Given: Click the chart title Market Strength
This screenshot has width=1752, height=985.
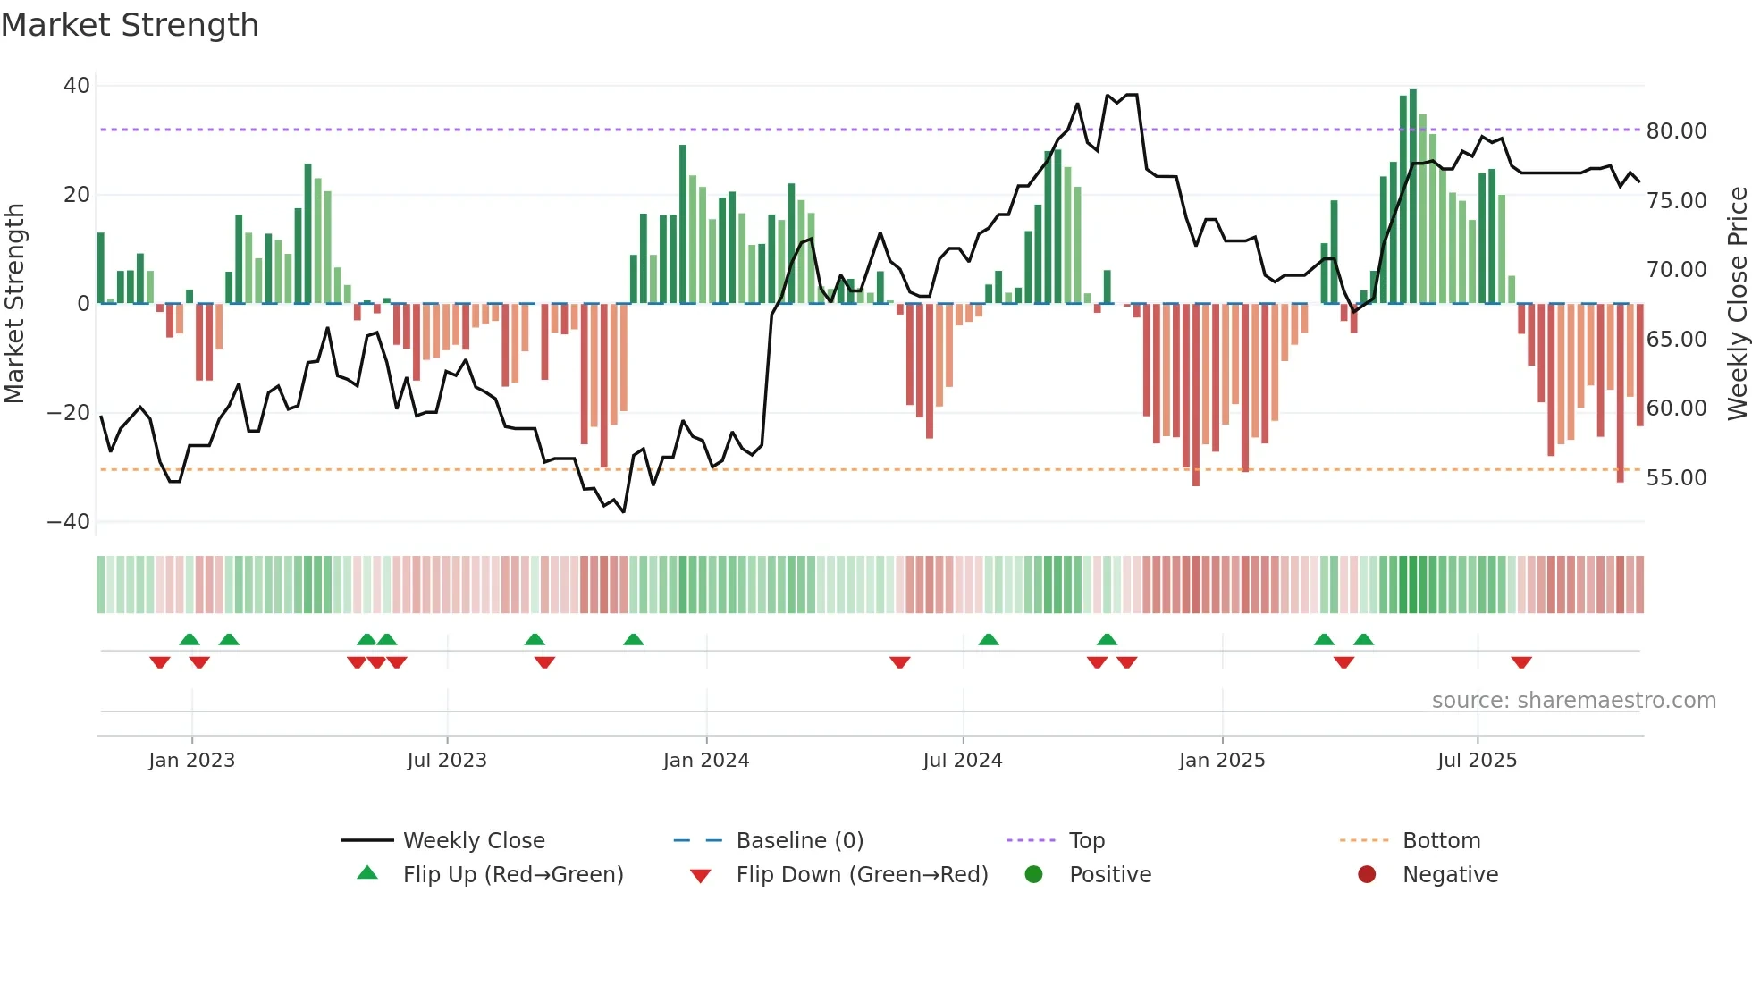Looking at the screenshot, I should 130,25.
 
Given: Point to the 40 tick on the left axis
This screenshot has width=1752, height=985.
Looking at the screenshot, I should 77,86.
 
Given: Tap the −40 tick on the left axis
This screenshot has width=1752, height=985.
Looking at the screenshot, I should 69,522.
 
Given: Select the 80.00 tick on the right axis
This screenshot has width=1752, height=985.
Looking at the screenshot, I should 1676,131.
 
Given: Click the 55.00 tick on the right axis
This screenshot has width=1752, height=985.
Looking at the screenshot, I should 1676,478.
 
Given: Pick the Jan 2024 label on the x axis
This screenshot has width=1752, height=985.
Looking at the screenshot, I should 705,761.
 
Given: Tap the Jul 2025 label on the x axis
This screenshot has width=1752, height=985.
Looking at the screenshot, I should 1477,761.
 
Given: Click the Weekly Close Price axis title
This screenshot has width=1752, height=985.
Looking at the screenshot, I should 1737,304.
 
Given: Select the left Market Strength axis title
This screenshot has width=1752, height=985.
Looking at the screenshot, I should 14,304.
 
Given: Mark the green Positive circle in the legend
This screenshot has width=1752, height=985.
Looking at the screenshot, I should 1033,875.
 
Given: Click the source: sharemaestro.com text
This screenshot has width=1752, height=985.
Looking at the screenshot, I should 1573,701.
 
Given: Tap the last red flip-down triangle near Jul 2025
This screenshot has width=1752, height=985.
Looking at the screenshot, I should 1521,662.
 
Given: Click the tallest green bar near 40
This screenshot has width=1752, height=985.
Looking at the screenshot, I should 1412,197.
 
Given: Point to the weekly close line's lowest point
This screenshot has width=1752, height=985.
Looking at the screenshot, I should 623,511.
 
